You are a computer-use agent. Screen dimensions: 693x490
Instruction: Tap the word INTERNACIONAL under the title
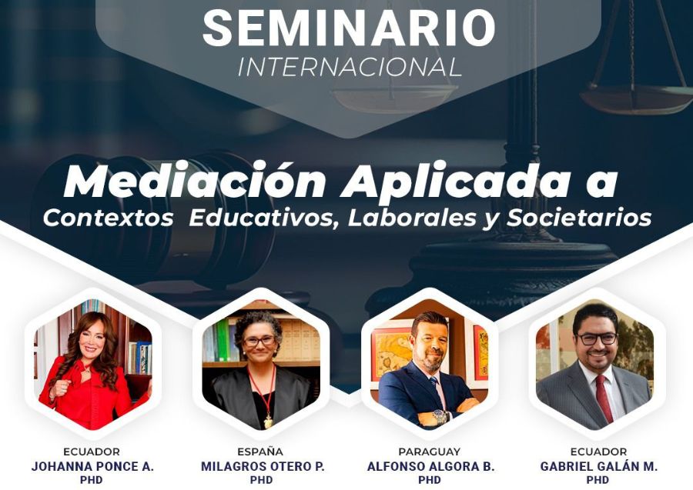click(350, 68)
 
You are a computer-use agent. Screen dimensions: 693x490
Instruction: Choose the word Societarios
click(579, 218)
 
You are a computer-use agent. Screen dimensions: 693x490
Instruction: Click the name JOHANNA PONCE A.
click(92, 467)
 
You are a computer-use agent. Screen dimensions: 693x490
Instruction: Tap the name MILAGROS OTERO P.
click(263, 467)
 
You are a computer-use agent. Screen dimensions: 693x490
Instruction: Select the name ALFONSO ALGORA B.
click(430, 467)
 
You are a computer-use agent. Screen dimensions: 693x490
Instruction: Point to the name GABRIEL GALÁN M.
click(599, 467)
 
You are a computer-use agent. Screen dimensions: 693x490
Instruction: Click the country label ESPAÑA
click(260, 452)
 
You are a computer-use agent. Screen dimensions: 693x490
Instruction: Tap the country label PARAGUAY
click(429, 452)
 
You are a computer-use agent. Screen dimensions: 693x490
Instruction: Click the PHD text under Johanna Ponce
click(92, 480)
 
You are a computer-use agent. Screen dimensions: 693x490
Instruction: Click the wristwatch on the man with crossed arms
click(440, 417)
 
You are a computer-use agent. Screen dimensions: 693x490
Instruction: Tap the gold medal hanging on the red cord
click(268, 423)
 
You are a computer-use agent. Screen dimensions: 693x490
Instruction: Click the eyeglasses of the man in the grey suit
click(597, 338)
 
